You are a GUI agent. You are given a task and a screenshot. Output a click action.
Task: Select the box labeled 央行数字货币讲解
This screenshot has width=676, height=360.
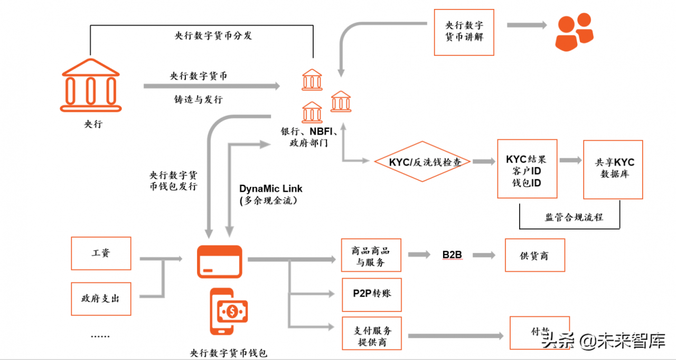464,32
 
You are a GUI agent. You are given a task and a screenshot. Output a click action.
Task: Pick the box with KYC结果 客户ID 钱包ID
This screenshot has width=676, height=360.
527,169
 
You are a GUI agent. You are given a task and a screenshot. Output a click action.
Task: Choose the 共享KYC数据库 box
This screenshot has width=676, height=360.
613,169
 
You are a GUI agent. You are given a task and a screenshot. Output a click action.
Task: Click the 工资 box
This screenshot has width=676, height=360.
101,253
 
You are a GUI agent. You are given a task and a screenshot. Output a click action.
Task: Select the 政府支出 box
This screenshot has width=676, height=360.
101,298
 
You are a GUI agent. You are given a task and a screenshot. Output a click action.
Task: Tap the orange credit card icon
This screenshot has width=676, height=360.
219,262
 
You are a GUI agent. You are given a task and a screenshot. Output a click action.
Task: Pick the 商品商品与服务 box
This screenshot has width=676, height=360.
371,255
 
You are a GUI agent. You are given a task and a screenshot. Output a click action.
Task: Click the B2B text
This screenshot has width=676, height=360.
452,255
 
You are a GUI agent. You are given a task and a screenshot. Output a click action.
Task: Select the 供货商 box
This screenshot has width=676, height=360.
534,255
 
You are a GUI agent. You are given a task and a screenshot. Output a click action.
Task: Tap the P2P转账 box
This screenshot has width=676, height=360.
371,294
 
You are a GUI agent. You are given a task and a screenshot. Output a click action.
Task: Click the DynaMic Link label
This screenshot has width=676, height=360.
271,188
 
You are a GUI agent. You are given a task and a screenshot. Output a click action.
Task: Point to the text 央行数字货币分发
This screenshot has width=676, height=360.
213,36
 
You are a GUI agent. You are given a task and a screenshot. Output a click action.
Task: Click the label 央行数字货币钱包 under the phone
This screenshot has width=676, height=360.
228,353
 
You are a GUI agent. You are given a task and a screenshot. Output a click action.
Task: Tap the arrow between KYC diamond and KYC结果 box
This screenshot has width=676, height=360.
484,162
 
